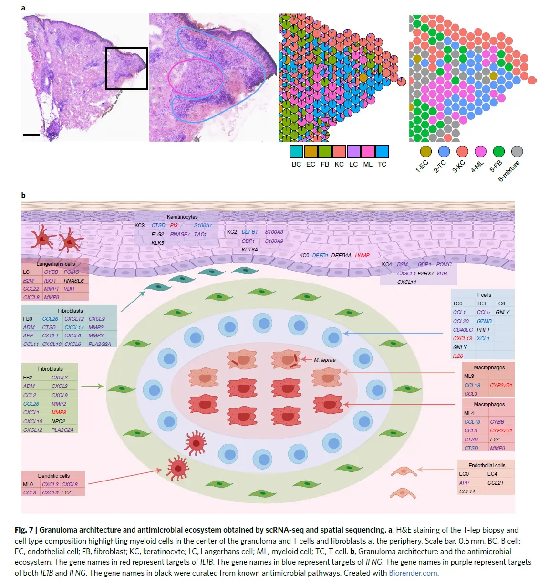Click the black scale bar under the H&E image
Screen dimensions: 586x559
[31, 135]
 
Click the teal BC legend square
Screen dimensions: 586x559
[296, 151]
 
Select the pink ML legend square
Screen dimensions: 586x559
[368, 151]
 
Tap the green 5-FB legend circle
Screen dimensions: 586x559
[498, 151]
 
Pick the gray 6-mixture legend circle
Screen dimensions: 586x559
[517, 151]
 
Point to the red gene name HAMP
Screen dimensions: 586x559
[362, 255]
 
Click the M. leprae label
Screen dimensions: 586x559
[324, 360]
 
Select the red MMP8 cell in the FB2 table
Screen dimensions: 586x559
[59, 412]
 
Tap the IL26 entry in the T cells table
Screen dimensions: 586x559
[458, 356]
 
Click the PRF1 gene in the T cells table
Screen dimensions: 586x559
[483, 330]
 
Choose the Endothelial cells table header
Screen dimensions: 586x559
[487, 465]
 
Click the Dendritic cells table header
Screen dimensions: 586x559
[53, 476]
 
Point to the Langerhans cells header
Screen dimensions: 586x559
[56, 264]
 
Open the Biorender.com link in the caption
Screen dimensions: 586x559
[413, 573]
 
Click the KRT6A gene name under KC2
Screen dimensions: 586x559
[249, 250]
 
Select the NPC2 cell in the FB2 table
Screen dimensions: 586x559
[58, 421]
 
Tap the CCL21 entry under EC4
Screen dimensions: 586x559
[495, 483]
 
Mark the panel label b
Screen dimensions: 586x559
[23, 195]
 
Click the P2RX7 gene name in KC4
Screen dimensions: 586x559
[425, 273]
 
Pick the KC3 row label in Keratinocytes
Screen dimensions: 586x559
[139, 225]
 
